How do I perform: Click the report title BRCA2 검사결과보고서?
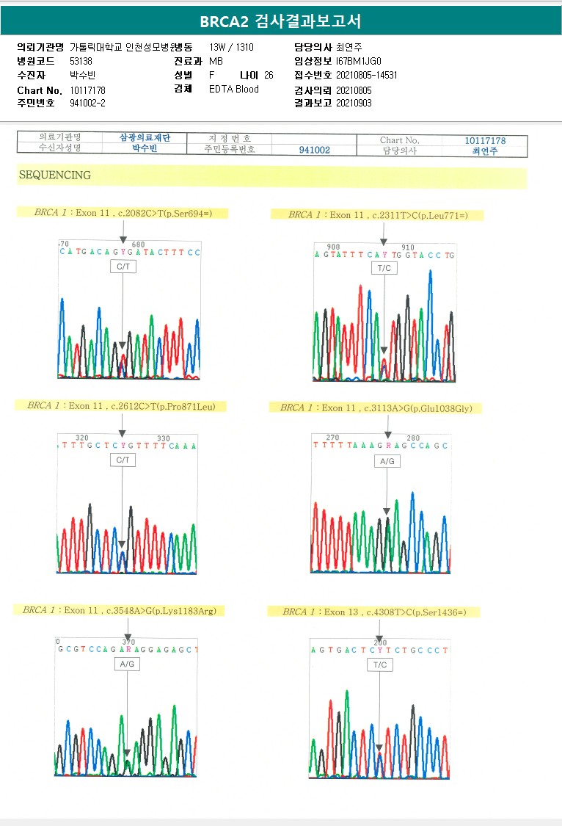pyautogui.click(x=280, y=21)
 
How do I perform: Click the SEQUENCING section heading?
pyautogui.click(x=55, y=175)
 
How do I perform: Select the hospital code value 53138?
pyautogui.click(x=81, y=61)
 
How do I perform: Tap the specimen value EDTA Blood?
pyautogui.click(x=234, y=89)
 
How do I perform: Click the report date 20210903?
pyautogui.click(x=354, y=103)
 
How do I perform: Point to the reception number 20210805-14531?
pyautogui.click(x=367, y=75)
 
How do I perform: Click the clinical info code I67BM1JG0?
pyautogui.click(x=359, y=61)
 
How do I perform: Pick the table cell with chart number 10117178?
pyautogui.click(x=485, y=140)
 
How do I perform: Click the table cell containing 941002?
pyautogui.click(x=314, y=150)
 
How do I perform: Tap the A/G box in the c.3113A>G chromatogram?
pyautogui.click(x=387, y=462)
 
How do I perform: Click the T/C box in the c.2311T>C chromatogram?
pyautogui.click(x=384, y=268)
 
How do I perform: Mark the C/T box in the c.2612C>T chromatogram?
pyautogui.click(x=123, y=460)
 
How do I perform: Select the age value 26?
pyautogui.click(x=269, y=75)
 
